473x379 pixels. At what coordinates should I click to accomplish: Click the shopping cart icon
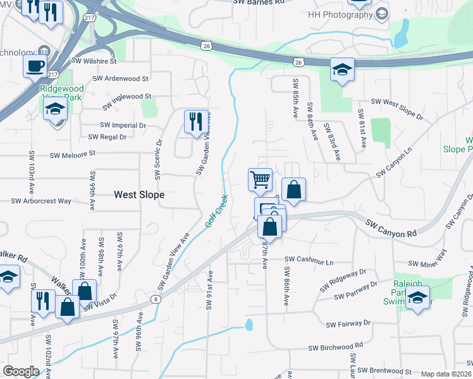pos(261,180)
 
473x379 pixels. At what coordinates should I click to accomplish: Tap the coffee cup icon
pos(35,66)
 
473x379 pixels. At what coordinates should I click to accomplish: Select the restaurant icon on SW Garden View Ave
pos(195,121)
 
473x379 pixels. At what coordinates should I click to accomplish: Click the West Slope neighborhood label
pos(139,195)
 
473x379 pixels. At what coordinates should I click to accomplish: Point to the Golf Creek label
pos(216,212)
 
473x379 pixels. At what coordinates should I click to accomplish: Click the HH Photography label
pos(340,15)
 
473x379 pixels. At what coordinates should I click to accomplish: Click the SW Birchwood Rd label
pos(335,347)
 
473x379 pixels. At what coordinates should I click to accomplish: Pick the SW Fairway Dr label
pos(348,324)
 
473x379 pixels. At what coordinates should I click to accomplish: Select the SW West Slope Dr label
pos(396,108)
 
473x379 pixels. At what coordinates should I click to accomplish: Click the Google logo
pos(21,371)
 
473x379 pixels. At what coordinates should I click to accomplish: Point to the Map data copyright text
pos(445,374)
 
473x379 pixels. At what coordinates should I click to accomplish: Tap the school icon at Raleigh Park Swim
pos(417,298)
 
